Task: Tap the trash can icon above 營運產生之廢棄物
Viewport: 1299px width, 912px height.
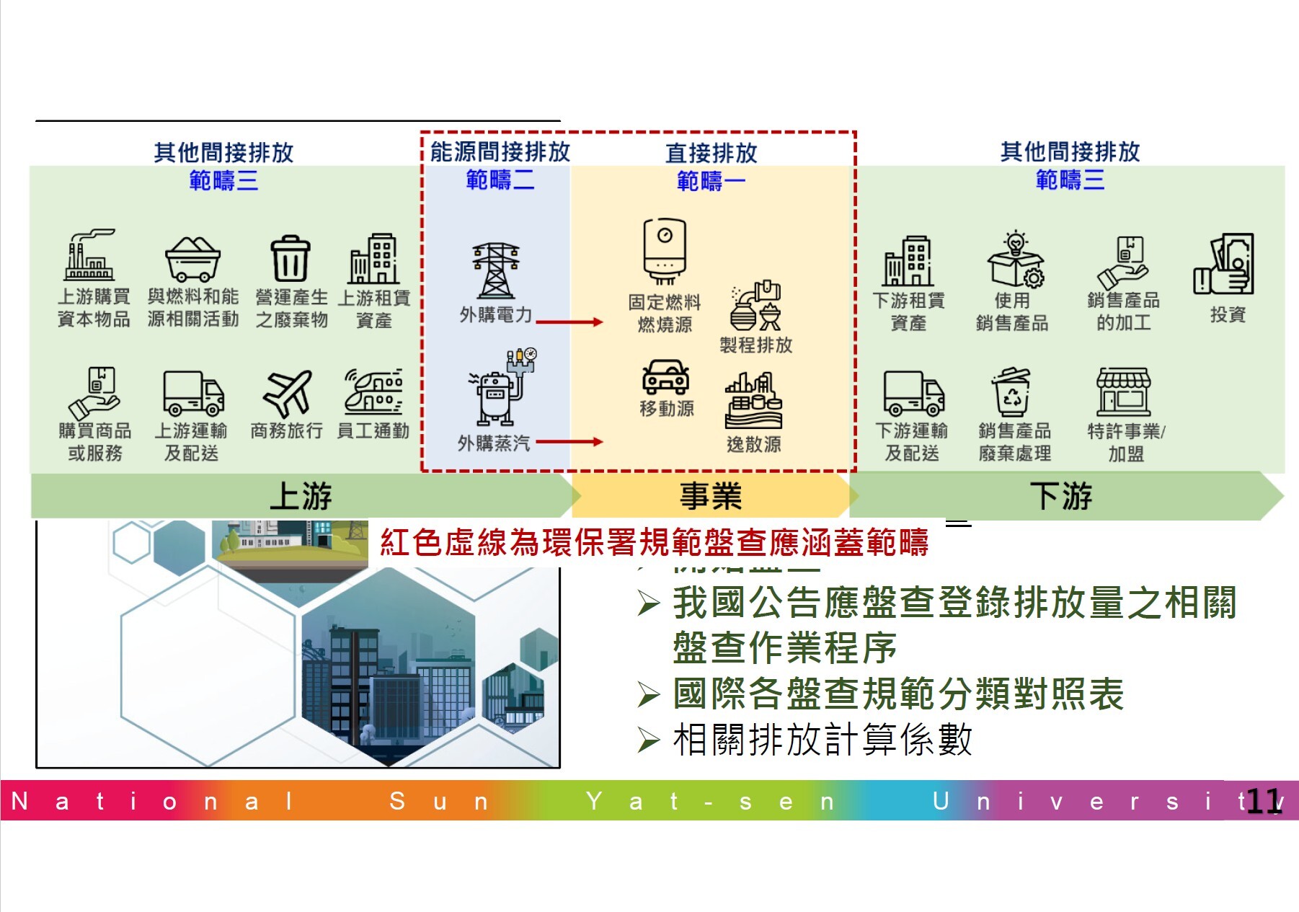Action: (291, 258)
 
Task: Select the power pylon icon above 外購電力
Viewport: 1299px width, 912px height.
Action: (495, 270)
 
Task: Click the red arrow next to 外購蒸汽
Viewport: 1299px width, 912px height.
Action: (569, 442)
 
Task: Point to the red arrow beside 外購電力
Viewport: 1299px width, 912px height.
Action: (569, 322)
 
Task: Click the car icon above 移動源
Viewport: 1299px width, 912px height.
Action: (665, 376)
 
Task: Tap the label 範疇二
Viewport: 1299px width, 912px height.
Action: (500, 180)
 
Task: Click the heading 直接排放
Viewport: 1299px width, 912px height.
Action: (711, 153)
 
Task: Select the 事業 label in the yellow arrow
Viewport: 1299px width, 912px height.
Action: (711, 496)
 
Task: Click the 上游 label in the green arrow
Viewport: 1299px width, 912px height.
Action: (301, 496)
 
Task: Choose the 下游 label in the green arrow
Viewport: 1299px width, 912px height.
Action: (1061, 496)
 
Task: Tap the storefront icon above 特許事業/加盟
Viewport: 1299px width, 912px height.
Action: (1123, 391)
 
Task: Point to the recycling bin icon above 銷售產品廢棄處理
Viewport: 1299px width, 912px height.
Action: (1012, 392)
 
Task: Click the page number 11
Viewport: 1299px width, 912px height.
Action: (1264, 801)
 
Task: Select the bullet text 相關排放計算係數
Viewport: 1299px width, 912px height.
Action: (822, 740)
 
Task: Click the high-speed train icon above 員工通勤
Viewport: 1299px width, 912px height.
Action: (373, 392)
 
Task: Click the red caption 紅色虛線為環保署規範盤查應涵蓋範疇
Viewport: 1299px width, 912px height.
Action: (654, 542)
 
